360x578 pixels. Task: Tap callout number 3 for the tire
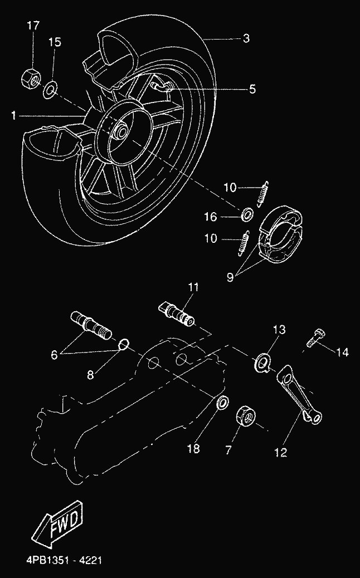[246, 39]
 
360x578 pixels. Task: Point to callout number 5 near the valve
[252, 89]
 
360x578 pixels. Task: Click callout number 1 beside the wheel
[14, 116]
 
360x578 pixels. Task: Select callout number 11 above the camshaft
[193, 287]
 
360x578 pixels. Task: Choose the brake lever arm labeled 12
[301, 393]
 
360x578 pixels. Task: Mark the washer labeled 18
[221, 402]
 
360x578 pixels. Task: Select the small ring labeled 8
[125, 345]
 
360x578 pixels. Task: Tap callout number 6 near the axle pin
[54, 354]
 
